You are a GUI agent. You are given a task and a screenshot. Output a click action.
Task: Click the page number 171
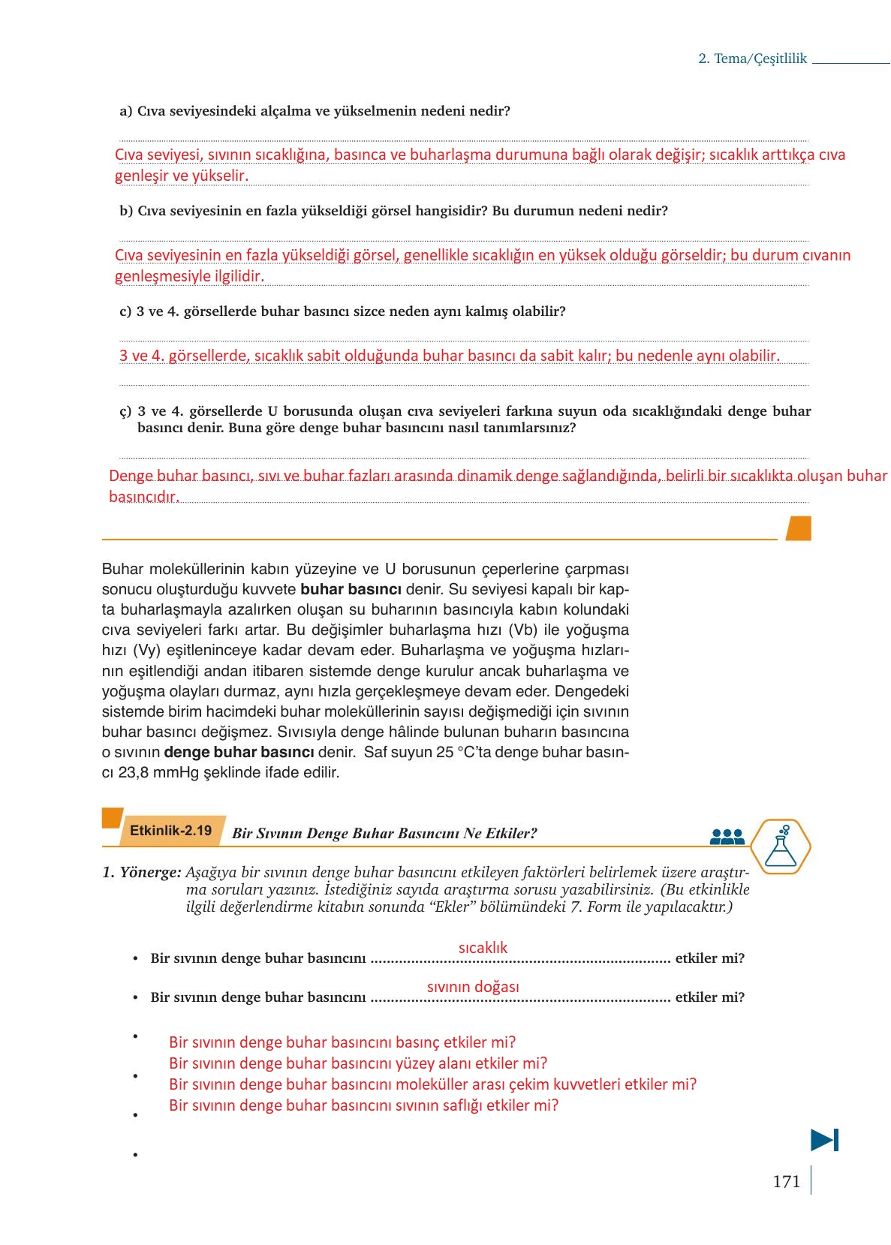pyautogui.click(x=786, y=1182)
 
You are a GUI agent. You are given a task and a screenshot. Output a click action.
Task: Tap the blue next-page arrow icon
pyautogui.click(x=824, y=1140)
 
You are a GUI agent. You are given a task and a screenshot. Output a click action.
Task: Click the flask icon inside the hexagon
pyautogui.click(x=781, y=846)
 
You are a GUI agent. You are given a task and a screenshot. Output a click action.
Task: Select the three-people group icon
pyautogui.click(x=727, y=837)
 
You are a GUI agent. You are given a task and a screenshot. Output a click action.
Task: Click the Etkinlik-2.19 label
pyautogui.click(x=171, y=831)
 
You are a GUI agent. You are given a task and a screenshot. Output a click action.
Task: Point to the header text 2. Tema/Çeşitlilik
pyautogui.click(x=752, y=59)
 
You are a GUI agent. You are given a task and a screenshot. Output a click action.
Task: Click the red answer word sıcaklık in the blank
pyautogui.click(x=483, y=948)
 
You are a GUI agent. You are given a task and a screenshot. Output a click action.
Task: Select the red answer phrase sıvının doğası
pyautogui.click(x=473, y=987)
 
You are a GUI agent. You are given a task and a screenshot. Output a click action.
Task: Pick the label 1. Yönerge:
pyautogui.click(x=142, y=873)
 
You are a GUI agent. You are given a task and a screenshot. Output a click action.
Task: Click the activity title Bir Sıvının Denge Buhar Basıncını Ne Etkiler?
pyautogui.click(x=384, y=834)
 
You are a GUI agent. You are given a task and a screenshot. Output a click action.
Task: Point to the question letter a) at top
pyautogui.click(x=125, y=111)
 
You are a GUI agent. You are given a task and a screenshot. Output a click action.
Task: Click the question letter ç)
pyautogui.click(x=125, y=411)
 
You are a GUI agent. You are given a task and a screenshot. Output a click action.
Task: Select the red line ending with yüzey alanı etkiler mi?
pyautogui.click(x=358, y=1063)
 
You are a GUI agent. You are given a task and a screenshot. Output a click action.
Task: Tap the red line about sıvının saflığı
pyautogui.click(x=363, y=1105)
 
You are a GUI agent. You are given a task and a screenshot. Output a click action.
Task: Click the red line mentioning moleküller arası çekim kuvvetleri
pyautogui.click(x=432, y=1084)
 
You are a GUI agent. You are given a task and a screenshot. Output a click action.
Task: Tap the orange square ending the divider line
pyautogui.click(x=798, y=528)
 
